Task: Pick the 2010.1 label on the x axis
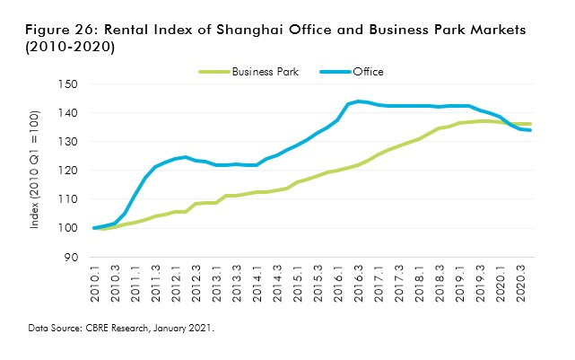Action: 94,284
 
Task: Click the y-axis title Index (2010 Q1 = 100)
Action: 35,171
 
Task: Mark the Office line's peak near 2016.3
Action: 358,101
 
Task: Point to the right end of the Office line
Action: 530,130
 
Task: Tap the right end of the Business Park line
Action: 530,124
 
